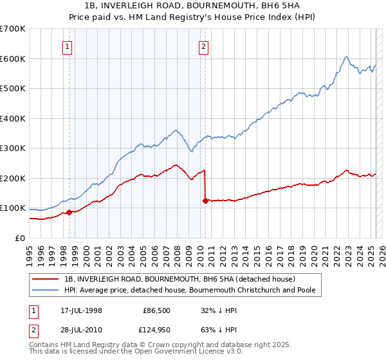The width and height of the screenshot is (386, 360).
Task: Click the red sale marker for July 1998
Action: [x=69, y=212]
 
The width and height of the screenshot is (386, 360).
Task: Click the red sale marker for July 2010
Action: [x=205, y=201]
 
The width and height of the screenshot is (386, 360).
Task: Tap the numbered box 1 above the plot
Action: [x=68, y=46]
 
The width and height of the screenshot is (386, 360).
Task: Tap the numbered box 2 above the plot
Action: [x=203, y=46]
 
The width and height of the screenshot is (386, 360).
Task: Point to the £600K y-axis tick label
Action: [x=12, y=59]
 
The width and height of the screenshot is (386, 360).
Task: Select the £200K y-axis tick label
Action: [x=12, y=178]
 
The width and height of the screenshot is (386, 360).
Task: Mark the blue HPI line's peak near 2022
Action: [x=346, y=57]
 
